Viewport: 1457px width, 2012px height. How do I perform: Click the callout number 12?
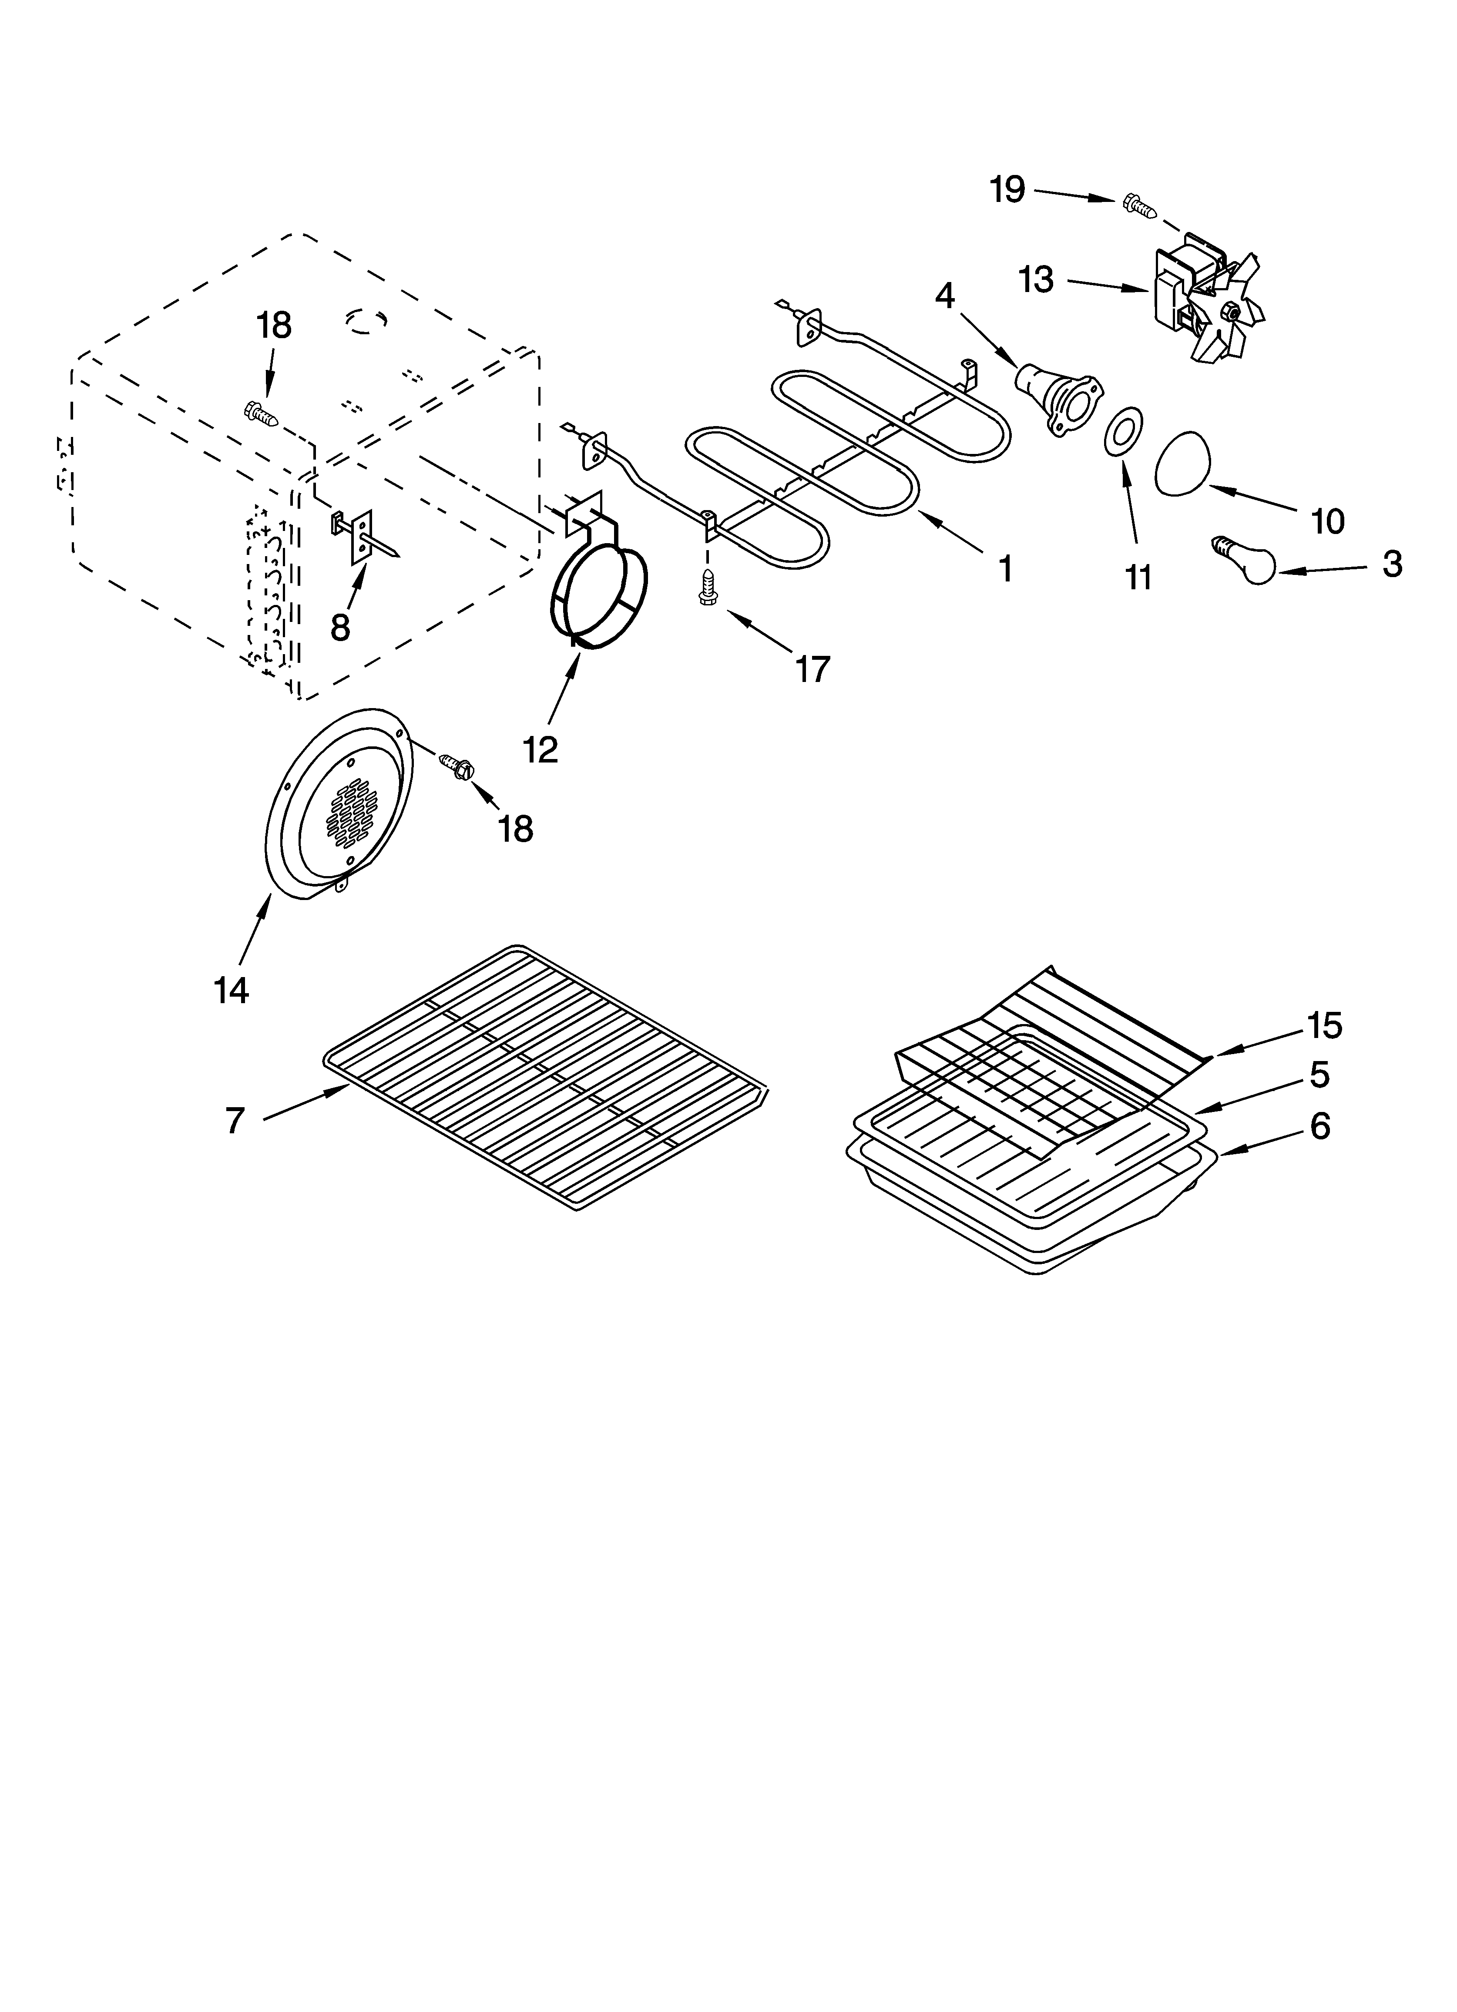click(x=540, y=749)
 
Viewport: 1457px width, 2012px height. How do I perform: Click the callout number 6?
click(x=1319, y=1127)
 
